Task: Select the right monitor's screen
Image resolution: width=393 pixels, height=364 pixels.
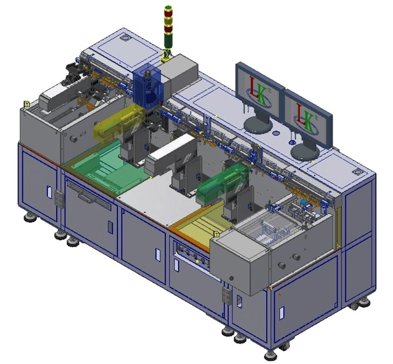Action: pyautogui.click(x=308, y=119)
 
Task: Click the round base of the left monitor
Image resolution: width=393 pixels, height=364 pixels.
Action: pyautogui.click(x=258, y=125)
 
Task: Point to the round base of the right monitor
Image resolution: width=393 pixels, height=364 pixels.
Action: pyautogui.click(x=305, y=151)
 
